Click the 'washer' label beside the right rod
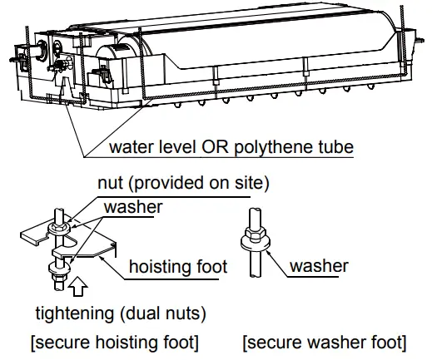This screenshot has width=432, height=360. click(x=320, y=267)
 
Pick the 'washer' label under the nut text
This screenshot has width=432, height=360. click(x=132, y=208)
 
